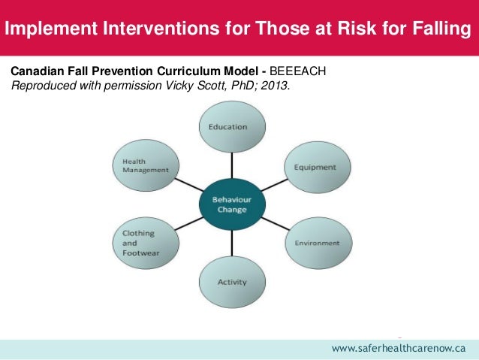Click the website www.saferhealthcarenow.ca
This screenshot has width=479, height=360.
point(399,349)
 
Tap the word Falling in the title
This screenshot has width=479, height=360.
point(443,30)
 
